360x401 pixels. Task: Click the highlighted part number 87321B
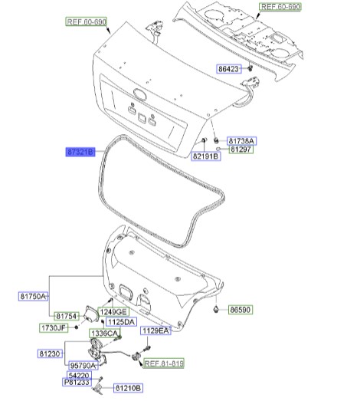[80, 152]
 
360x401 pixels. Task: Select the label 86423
[229, 69]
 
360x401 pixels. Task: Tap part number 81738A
[241, 141]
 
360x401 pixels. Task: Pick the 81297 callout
[241, 149]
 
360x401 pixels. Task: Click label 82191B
[206, 156]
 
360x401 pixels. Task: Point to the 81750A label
[33, 297]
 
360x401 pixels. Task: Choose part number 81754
[67, 317]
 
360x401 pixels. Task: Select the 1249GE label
[113, 312]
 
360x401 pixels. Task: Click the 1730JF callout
[54, 328]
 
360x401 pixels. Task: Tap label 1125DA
[121, 322]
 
